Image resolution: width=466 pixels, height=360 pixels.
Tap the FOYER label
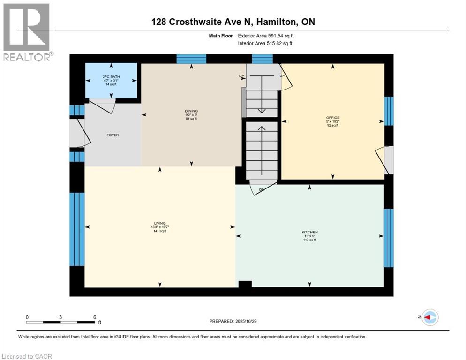pos(112,135)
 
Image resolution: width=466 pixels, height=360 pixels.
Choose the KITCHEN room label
pos(309,236)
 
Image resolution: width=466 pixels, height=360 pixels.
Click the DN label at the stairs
pos(262,189)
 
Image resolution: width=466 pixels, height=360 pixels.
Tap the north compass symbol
pos(429,318)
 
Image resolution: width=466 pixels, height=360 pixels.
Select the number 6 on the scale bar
pos(95,317)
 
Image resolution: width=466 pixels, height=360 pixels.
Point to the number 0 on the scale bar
pos(27,317)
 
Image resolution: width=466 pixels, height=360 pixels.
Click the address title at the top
pos(233,22)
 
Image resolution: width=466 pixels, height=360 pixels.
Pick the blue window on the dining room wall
pos(191,59)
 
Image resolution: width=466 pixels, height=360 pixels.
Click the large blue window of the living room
pos(77,229)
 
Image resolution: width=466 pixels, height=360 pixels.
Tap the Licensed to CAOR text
pos(27,356)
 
